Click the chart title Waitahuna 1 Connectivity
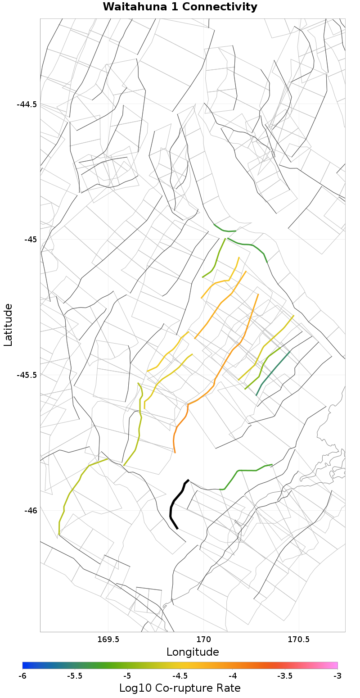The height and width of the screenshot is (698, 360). click(180, 7)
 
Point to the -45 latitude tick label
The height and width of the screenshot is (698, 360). click(30, 240)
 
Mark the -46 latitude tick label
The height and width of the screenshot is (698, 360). click(30, 511)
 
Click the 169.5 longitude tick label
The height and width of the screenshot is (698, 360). click(108, 639)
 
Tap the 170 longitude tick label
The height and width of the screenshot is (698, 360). click(203, 639)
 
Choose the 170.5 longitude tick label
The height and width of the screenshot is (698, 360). click(298, 639)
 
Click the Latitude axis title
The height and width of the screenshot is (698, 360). click(8, 325)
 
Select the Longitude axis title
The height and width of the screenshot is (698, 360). click(193, 652)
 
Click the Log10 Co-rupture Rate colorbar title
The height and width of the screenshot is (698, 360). click(180, 688)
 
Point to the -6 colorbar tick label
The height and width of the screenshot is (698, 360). click(22, 676)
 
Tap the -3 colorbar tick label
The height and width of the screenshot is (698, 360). click(337, 676)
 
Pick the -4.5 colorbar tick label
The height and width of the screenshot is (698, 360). click(180, 676)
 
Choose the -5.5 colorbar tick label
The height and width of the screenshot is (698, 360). click(75, 676)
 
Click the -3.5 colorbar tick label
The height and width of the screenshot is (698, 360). click(285, 676)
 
